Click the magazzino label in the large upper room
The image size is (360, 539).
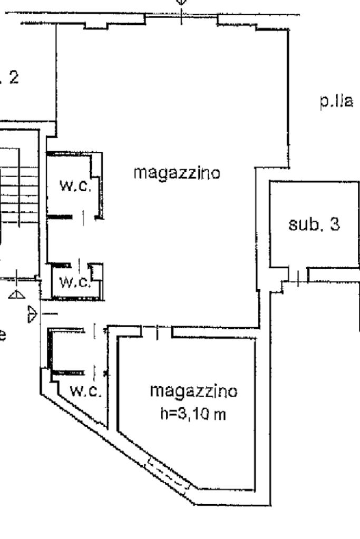[177, 172]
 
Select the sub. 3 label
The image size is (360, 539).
[314, 224]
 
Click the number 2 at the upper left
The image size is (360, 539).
[13, 78]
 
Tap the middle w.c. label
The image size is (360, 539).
[74, 282]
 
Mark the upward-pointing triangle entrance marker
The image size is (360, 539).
[17, 295]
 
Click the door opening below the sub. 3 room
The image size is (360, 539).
[298, 278]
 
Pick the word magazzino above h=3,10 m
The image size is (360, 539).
[193, 391]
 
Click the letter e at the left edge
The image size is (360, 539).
[3, 334]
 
